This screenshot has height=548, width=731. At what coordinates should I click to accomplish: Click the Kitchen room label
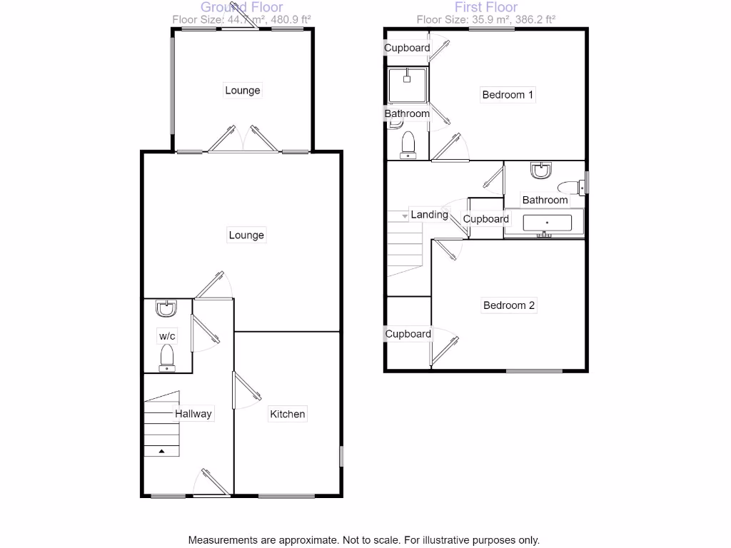(x=287, y=414)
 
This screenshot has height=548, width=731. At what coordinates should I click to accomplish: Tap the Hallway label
(x=193, y=413)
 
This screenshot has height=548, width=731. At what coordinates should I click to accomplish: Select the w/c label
(x=167, y=335)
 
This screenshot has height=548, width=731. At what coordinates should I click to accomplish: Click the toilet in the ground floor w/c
(x=167, y=357)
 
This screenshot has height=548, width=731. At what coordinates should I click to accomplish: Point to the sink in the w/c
(x=166, y=309)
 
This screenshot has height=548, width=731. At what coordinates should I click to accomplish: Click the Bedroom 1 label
(x=508, y=94)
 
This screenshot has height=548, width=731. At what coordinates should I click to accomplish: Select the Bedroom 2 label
(x=509, y=305)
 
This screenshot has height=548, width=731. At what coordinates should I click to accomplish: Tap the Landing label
(x=429, y=214)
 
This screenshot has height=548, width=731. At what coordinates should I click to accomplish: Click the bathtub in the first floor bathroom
(x=547, y=223)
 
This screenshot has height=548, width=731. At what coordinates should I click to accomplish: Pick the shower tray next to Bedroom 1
(x=407, y=85)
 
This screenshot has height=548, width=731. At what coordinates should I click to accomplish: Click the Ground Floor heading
(x=242, y=7)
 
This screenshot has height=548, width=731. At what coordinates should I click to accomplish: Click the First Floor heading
(x=486, y=7)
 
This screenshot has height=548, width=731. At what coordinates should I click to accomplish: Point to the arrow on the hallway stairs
(x=161, y=451)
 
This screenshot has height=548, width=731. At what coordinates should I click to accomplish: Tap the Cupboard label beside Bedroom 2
(x=408, y=333)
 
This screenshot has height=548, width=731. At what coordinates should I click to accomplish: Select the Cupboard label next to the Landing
(x=486, y=219)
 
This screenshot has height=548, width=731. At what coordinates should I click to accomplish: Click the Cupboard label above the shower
(x=407, y=48)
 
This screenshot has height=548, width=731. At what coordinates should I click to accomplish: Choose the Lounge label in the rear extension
(x=243, y=91)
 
